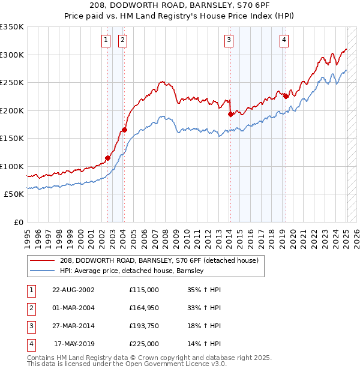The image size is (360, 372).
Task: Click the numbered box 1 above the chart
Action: pyautogui.click(x=106, y=40)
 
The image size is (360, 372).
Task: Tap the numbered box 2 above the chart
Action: pyautogui.click(x=122, y=40)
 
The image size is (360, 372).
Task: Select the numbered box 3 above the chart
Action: pyautogui.click(x=229, y=40)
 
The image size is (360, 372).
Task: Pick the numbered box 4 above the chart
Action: pyautogui.click(x=283, y=40)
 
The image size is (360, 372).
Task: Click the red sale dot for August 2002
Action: pyautogui.click(x=108, y=158)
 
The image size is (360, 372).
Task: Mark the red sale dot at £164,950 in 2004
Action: pyautogui.click(x=124, y=130)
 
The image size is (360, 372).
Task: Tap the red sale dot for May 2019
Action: pyautogui.click(x=286, y=96)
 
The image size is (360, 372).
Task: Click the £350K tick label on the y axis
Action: pyautogui.click(x=12, y=27)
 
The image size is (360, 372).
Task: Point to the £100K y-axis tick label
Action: pyautogui.click(x=12, y=166)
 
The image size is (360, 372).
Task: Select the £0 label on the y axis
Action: pyautogui.click(x=18, y=222)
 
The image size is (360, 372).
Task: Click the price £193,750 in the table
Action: pyautogui.click(x=144, y=326)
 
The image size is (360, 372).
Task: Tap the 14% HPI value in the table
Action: pyautogui.click(x=204, y=344)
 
